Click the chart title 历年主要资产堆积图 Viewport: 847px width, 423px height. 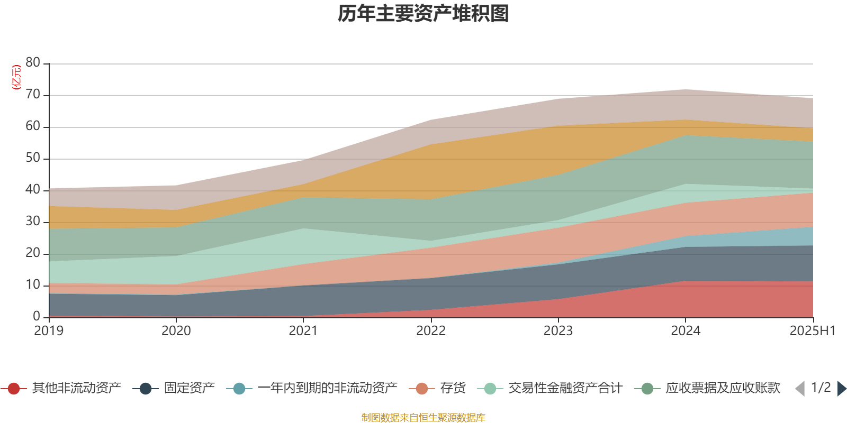(423, 14)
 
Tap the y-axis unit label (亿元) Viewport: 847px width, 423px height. (16, 77)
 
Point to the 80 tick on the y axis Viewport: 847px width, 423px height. (33, 62)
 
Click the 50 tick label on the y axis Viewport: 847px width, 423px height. (33, 158)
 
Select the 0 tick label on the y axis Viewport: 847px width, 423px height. (37, 316)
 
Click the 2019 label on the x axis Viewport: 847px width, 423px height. (49, 331)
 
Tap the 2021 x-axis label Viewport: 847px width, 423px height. (303, 331)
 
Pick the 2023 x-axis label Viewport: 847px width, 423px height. (558, 331)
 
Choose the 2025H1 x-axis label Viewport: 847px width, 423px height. (812, 331)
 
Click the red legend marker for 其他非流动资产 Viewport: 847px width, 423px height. (14, 388)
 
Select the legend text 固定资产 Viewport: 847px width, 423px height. (190, 388)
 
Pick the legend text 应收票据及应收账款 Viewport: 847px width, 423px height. (723, 388)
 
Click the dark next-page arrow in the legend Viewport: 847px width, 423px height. (842, 388)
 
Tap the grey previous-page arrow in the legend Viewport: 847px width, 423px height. (800, 388)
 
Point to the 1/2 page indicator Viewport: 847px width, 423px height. (821, 388)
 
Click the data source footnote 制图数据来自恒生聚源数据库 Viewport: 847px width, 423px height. (423, 417)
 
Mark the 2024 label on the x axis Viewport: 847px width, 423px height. (686, 331)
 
